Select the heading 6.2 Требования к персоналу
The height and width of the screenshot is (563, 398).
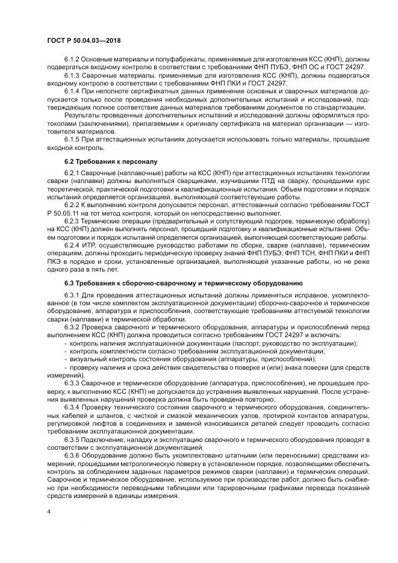click(101, 162)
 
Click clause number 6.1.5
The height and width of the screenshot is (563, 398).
click(72, 139)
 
